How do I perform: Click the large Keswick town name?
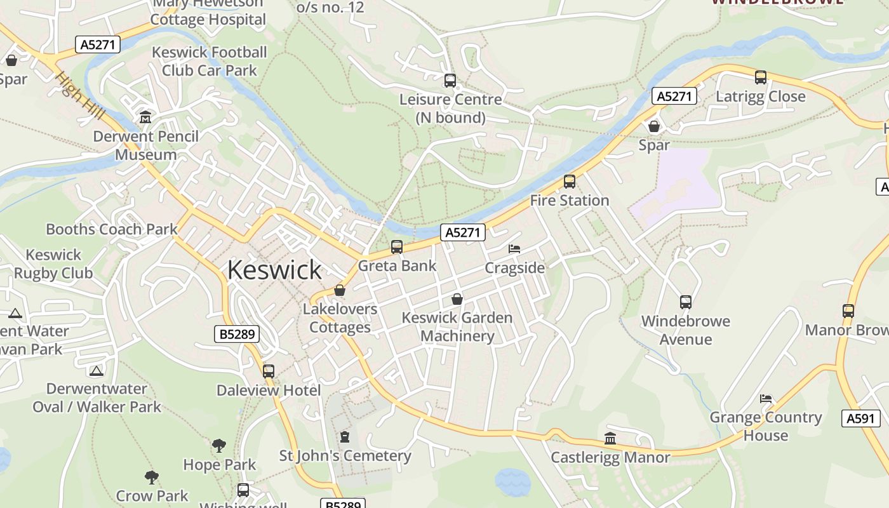[x=274, y=270]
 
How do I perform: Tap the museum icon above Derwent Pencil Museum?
[x=145, y=117]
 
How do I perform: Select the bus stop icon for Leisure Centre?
[x=450, y=81]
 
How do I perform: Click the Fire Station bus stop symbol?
[x=570, y=182]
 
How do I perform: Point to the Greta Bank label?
[x=397, y=265]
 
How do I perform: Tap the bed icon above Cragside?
[x=514, y=249]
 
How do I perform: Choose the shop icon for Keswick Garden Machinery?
[x=457, y=299]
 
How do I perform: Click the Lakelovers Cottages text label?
[x=340, y=318]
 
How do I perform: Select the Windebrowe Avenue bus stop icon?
[x=686, y=302]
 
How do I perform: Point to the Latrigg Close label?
[x=760, y=97]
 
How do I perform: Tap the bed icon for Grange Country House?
[x=766, y=399]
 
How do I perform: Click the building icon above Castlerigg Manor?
[x=610, y=438]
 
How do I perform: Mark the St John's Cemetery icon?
[x=345, y=437]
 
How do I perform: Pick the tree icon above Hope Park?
[x=219, y=446]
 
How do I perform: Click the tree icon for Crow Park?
[x=152, y=477]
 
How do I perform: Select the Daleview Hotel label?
[x=269, y=390]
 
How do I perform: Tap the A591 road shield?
[x=862, y=418]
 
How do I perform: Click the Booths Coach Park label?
[x=112, y=229]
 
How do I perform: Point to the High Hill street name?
[x=77, y=95]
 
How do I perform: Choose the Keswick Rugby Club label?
[x=53, y=264]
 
